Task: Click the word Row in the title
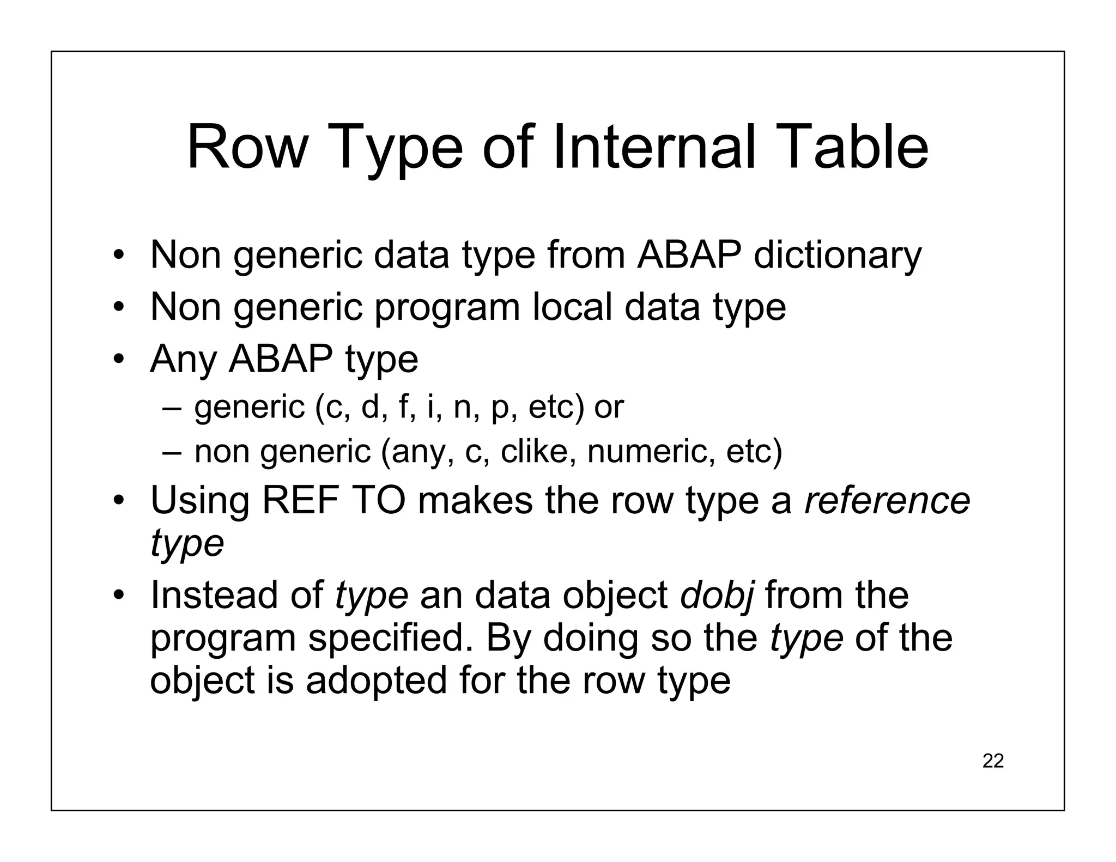click(246, 148)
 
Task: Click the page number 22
click(993, 761)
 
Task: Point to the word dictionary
click(837, 256)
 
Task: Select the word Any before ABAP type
click(183, 360)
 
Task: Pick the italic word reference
click(887, 501)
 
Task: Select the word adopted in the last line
click(376, 681)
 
